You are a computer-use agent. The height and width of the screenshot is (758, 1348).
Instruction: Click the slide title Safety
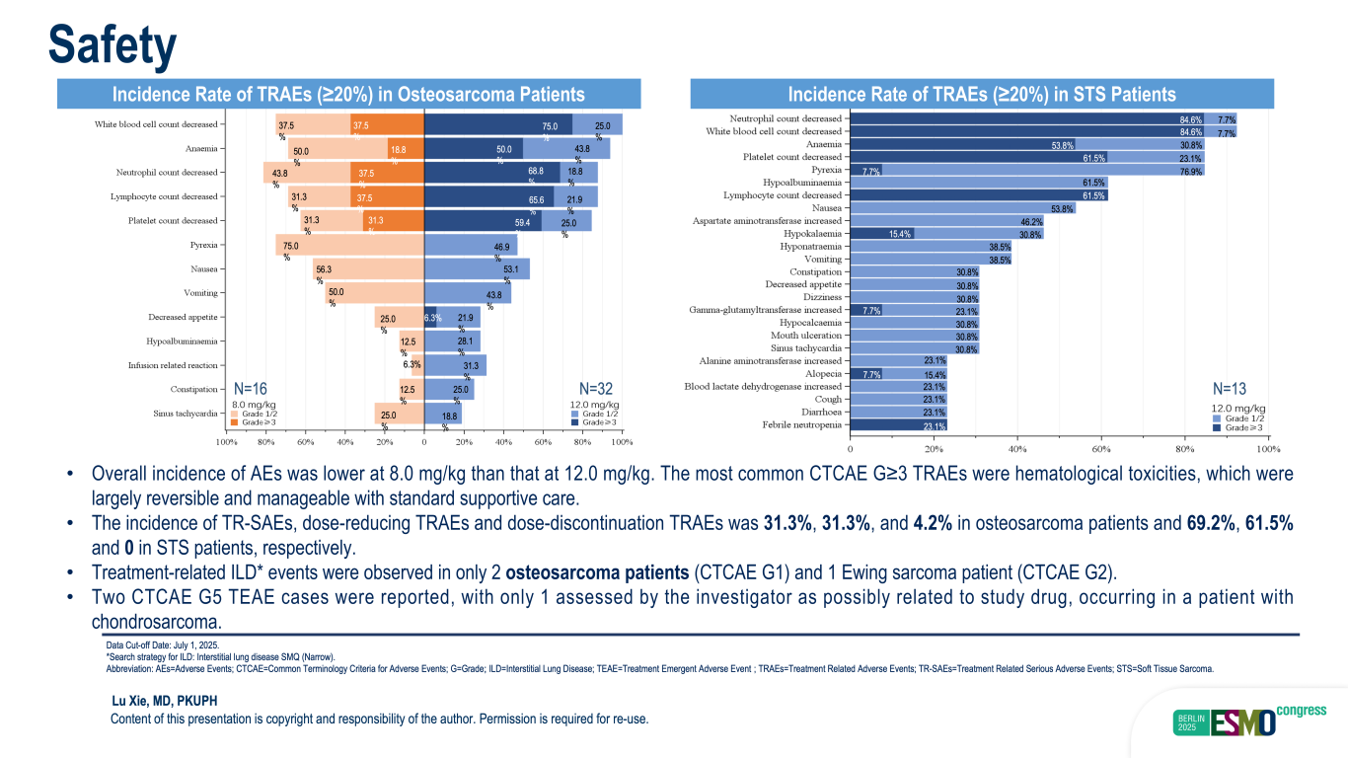click(113, 43)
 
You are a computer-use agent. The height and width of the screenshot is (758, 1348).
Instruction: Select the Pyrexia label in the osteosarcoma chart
click(203, 245)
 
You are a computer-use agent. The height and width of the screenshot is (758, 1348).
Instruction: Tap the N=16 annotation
click(251, 388)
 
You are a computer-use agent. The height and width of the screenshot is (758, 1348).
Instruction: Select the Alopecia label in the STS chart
click(822, 374)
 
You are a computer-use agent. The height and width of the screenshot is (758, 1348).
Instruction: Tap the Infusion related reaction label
click(173, 365)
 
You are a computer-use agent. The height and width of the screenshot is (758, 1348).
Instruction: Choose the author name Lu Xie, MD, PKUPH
click(164, 701)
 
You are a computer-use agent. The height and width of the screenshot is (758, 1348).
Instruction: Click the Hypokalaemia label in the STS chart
click(808, 234)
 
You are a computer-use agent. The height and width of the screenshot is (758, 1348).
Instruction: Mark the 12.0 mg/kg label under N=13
click(1238, 408)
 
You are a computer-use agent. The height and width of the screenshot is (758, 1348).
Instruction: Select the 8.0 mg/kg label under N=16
click(254, 405)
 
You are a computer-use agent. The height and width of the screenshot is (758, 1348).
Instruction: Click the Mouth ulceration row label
click(806, 336)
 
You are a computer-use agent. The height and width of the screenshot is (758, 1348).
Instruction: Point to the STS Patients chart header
click(981, 95)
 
